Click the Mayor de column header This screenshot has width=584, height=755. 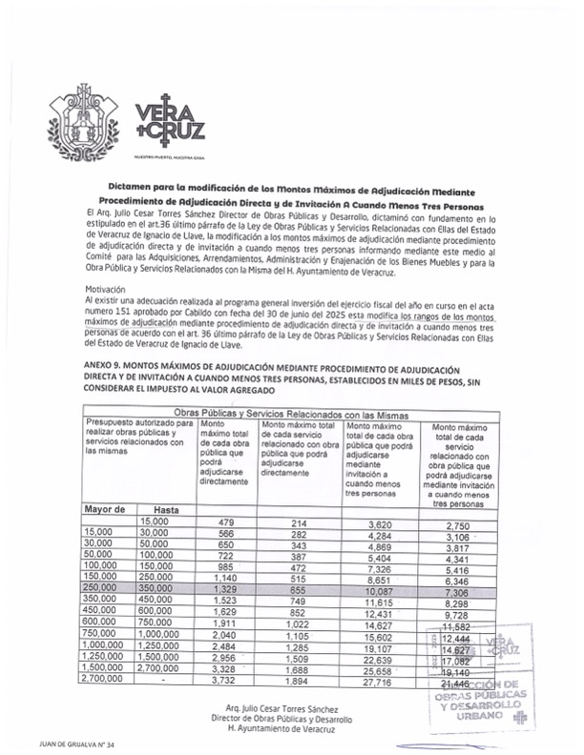click(x=106, y=510)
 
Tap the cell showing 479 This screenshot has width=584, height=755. click(x=226, y=522)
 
